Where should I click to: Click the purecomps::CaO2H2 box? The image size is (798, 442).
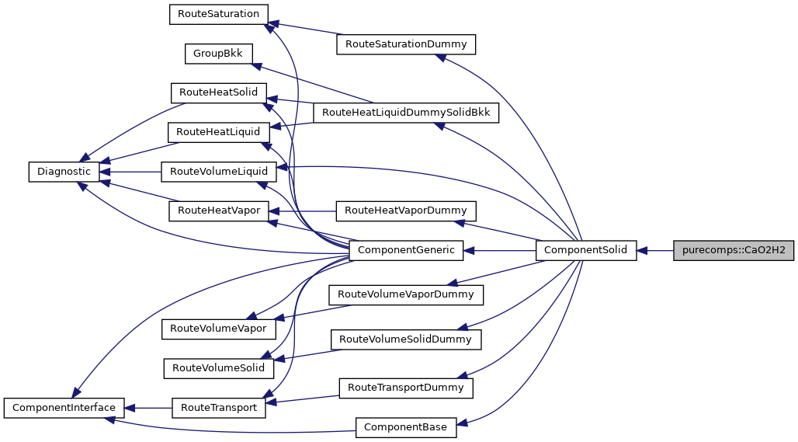point(734,250)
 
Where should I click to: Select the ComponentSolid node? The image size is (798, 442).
point(586,250)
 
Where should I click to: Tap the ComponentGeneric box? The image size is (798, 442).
point(406,250)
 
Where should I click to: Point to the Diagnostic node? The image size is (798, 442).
point(60,172)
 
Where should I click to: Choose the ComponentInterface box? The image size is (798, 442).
point(64,407)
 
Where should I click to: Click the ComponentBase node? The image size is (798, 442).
point(406,426)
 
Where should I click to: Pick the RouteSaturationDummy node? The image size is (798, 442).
point(405,44)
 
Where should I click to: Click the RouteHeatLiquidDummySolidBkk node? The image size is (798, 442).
point(405,113)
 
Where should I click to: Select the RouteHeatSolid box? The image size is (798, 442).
point(218,92)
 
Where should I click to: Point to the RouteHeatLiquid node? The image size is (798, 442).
point(218,132)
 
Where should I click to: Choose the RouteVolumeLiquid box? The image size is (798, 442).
point(218,172)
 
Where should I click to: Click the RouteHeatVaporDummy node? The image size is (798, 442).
point(405,211)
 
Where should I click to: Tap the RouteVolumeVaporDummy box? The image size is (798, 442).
point(405,294)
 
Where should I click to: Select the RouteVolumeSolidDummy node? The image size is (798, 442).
point(405,339)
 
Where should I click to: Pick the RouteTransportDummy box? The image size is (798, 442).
point(405,387)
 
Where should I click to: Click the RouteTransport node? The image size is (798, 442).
point(218,407)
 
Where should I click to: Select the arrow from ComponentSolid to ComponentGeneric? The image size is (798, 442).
point(500,250)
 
